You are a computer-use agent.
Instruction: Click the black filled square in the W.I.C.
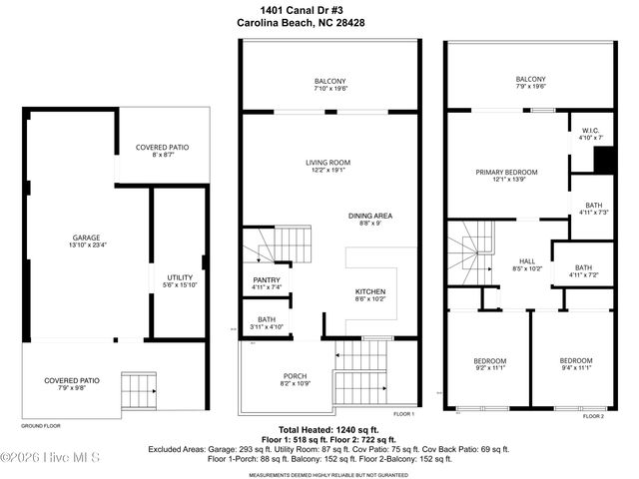(x=602, y=160)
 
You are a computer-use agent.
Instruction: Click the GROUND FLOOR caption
(x=40, y=425)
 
